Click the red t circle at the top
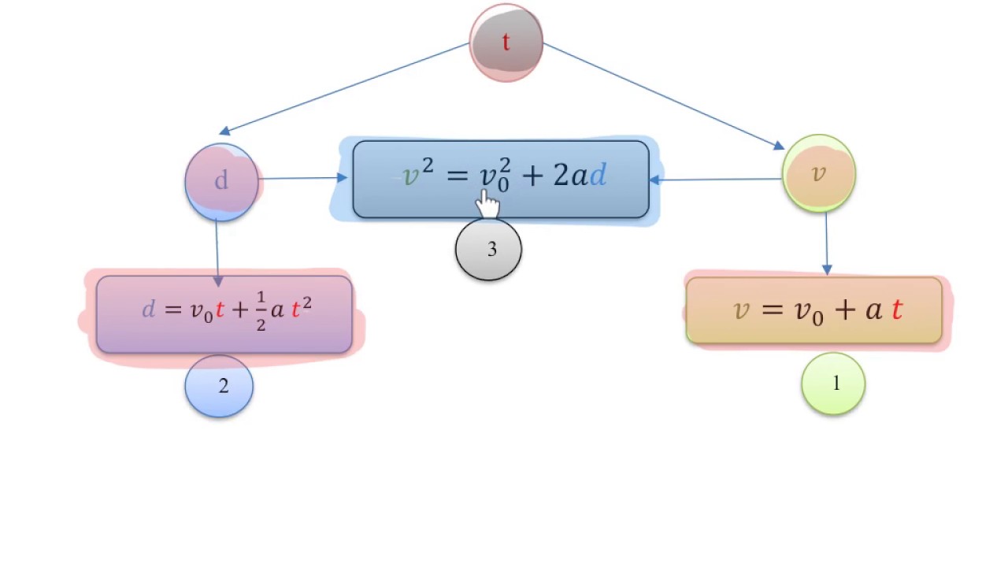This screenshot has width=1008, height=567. point(506,43)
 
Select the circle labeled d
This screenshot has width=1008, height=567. point(222,182)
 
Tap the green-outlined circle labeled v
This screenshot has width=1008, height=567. point(819,173)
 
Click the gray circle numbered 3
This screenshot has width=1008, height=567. point(489,250)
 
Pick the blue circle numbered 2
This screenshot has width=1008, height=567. point(219,386)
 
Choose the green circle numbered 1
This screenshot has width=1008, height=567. point(833,384)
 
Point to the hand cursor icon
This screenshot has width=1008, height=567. point(487,204)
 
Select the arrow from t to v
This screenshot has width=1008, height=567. point(664,96)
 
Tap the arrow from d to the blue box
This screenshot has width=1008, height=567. point(303,178)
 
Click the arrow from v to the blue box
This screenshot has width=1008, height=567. point(716,180)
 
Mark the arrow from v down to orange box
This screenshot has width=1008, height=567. point(827,243)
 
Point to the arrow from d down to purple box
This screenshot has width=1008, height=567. point(217,253)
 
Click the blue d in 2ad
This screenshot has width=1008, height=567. point(598,175)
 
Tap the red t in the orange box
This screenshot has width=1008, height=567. point(897,309)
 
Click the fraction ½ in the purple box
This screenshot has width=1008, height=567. point(261,311)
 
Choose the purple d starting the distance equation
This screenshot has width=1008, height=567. point(149,309)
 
